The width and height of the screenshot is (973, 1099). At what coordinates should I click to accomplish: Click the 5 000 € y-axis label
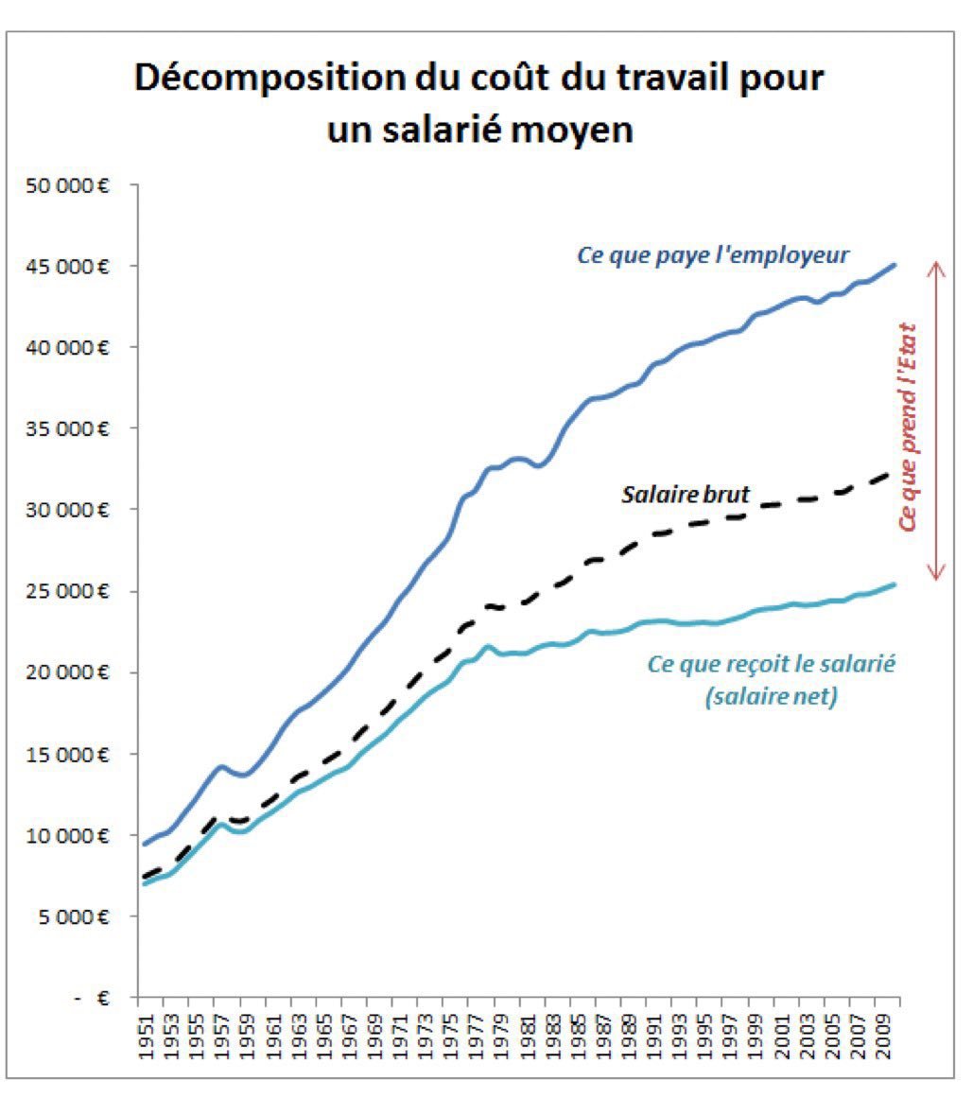(x=76, y=916)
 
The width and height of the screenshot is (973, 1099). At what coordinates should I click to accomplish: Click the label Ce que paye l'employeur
(x=712, y=255)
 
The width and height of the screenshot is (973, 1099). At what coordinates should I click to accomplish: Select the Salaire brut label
(x=686, y=494)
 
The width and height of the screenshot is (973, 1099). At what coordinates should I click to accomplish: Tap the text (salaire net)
(x=770, y=698)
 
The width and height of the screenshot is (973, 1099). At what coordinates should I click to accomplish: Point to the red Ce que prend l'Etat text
(x=909, y=422)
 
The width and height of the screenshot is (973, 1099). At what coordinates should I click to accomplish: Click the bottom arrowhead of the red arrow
(x=936, y=576)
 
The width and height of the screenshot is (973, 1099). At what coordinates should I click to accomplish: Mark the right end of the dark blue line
(x=894, y=266)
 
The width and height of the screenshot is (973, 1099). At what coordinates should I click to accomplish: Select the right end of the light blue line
(x=894, y=584)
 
